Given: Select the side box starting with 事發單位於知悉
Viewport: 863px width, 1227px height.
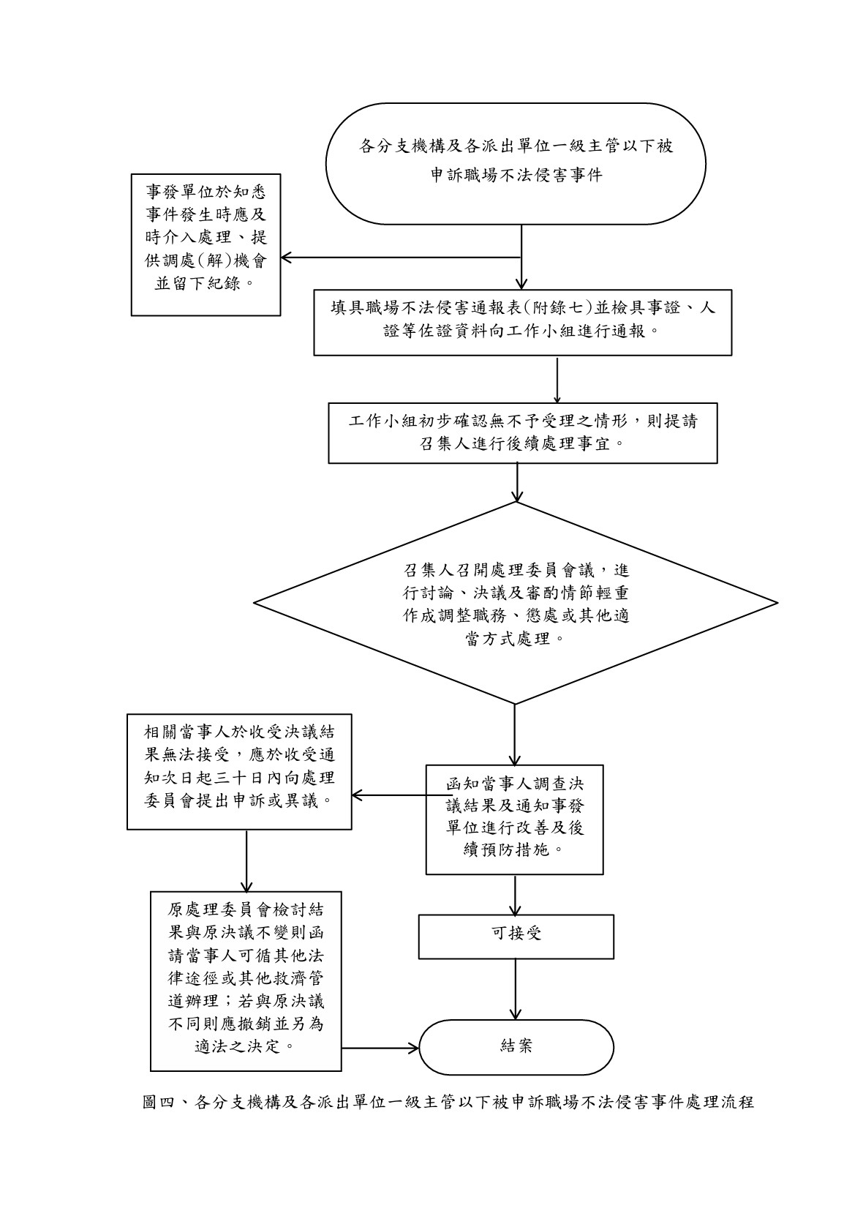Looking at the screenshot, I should pos(206,244).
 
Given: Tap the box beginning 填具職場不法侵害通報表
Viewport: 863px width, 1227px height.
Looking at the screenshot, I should pos(522,322).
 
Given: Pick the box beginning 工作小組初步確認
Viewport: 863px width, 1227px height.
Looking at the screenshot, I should pos(522,432).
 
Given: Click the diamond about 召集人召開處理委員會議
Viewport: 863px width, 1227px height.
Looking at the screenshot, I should pos(516,603).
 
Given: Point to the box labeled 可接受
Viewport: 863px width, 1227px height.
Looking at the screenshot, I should pos(516,936).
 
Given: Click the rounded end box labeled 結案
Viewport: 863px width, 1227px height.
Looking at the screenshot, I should pos(516,1047).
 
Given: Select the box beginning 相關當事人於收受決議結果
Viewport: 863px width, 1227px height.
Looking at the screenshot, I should pos(239,771).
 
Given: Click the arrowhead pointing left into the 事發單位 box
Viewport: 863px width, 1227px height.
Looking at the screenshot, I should pos(287,258).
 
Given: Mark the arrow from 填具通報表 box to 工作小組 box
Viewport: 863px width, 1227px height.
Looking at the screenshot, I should pos(557,379).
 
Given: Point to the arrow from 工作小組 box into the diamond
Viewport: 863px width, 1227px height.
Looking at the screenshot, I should pos(516,483).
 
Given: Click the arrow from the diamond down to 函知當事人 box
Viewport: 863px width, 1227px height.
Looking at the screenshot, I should pos(515,735).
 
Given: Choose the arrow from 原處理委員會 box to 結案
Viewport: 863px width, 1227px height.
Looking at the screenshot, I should pos(380,1048).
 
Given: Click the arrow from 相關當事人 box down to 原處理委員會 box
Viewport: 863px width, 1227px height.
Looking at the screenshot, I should pos(246,860).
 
